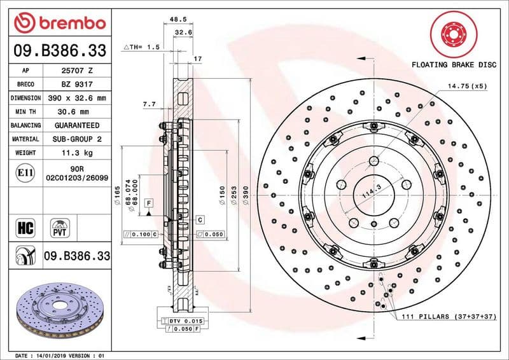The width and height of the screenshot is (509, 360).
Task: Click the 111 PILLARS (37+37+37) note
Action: point(449,316)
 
